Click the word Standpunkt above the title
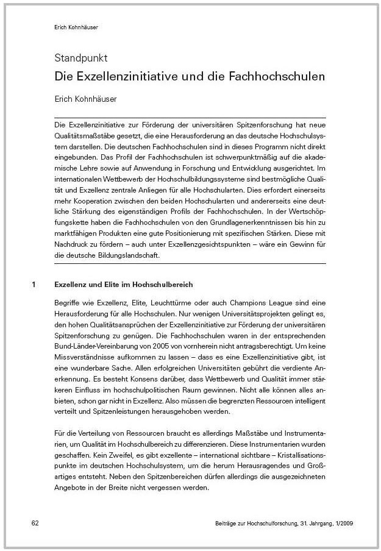click(81, 59)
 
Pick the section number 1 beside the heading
click(34, 285)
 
